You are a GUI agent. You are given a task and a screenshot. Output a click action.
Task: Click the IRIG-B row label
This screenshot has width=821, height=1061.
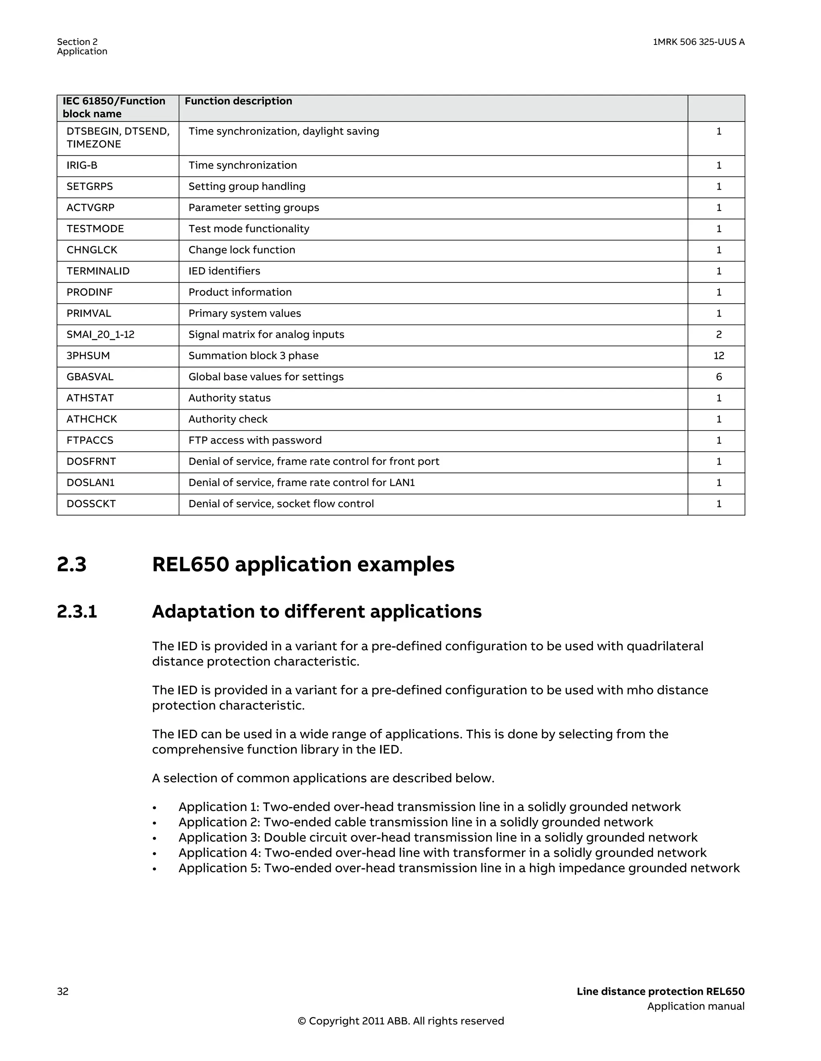[x=82, y=166]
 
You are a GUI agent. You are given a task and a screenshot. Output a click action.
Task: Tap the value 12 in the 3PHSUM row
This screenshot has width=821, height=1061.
[x=718, y=356]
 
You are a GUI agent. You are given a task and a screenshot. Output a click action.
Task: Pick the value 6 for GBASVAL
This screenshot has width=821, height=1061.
[x=718, y=377]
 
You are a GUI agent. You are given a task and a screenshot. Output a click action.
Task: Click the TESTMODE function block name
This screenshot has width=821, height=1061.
[x=95, y=229]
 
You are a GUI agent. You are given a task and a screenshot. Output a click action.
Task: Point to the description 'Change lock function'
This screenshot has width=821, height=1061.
[x=242, y=250]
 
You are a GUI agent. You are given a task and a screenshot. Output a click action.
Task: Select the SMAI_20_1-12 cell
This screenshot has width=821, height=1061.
[x=101, y=335]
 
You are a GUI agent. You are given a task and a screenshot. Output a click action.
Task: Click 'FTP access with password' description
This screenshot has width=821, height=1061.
[x=255, y=440]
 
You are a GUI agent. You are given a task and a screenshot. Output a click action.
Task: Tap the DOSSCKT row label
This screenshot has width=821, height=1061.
[x=91, y=504]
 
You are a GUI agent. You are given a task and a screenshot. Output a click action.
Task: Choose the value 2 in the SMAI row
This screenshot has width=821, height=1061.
[x=718, y=335]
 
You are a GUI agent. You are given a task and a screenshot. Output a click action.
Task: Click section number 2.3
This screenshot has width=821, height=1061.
[x=71, y=564]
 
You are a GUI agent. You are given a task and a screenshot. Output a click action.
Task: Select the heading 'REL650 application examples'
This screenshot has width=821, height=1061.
[x=303, y=564]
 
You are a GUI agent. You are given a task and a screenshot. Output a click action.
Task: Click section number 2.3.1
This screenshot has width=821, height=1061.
[x=77, y=612]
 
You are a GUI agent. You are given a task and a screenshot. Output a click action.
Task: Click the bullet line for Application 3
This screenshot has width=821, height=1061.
[x=437, y=838]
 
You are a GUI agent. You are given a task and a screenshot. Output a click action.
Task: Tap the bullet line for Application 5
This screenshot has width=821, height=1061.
[x=459, y=868]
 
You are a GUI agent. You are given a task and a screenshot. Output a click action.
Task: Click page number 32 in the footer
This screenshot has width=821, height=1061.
[x=63, y=992]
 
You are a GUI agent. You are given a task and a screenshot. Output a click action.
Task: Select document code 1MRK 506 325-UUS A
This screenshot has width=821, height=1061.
[x=698, y=42]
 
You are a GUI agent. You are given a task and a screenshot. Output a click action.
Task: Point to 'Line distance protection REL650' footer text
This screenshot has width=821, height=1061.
[x=660, y=992]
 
